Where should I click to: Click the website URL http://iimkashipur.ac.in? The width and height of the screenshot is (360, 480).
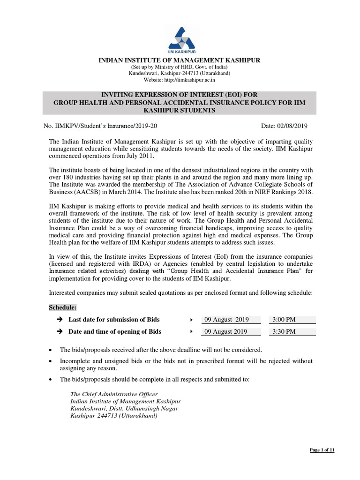click(x=180, y=80)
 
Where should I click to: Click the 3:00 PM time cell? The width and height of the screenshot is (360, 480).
click(x=283, y=320)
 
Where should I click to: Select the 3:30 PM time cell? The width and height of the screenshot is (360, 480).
click(x=283, y=332)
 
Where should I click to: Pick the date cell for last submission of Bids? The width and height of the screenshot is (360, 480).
click(x=225, y=320)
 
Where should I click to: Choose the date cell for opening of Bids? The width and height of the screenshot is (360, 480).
click(x=225, y=332)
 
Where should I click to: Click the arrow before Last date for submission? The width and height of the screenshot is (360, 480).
click(x=59, y=320)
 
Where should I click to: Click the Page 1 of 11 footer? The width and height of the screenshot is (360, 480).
click(x=322, y=450)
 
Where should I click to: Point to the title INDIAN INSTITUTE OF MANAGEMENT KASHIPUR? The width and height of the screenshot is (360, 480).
click(x=179, y=60)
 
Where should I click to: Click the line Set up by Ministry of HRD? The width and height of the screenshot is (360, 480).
click(x=180, y=67)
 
